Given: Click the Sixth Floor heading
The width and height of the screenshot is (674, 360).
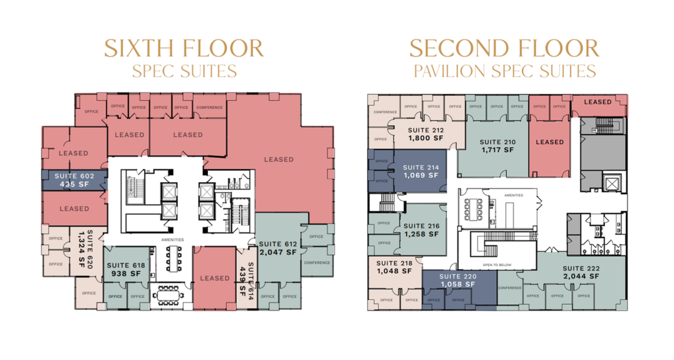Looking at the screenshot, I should [x=184, y=48].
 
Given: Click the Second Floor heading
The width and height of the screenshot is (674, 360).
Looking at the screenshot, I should [x=504, y=48].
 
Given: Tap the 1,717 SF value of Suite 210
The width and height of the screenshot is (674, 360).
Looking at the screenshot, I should [x=497, y=151].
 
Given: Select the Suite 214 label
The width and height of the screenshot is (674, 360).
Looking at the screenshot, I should [x=421, y=168].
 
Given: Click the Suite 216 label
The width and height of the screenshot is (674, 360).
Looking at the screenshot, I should [x=421, y=226].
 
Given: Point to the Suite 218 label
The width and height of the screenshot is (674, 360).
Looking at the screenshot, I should [x=394, y=263].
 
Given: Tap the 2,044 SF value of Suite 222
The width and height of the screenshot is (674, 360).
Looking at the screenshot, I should [x=581, y=276].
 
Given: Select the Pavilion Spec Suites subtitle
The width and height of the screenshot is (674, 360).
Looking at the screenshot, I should [x=504, y=70].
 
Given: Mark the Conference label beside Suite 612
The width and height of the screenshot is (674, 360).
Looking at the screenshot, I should [x=316, y=263].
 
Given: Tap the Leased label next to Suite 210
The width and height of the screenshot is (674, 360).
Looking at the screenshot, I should [x=550, y=142].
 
